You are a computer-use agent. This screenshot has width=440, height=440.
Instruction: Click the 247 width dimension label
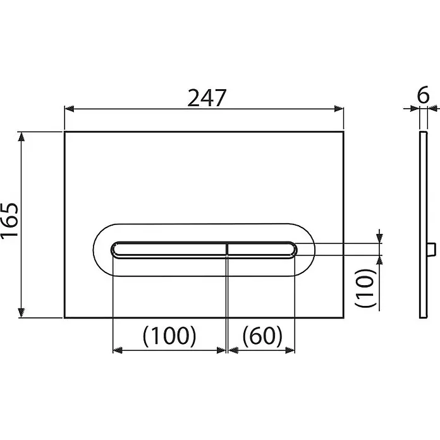click(x=207, y=98)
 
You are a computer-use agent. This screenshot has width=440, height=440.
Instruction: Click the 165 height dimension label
click(x=9, y=221)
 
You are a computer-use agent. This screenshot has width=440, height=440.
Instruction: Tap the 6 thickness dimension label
click(x=423, y=95)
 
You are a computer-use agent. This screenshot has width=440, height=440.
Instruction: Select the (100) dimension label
click(x=169, y=336)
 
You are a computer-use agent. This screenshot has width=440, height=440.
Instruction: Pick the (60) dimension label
click(x=262, y=336)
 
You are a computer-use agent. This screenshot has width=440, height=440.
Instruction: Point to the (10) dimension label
click(x=365, y=288)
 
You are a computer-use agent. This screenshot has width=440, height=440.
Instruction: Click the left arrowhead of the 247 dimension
click(x=69, y=109)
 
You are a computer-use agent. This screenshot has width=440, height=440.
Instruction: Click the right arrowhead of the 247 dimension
click(x=339, y=109)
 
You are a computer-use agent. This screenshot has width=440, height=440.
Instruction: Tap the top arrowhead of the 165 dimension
click(x=21, y=137)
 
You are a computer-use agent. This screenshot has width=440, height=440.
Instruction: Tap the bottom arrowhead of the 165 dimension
click(x=21, y=312)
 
